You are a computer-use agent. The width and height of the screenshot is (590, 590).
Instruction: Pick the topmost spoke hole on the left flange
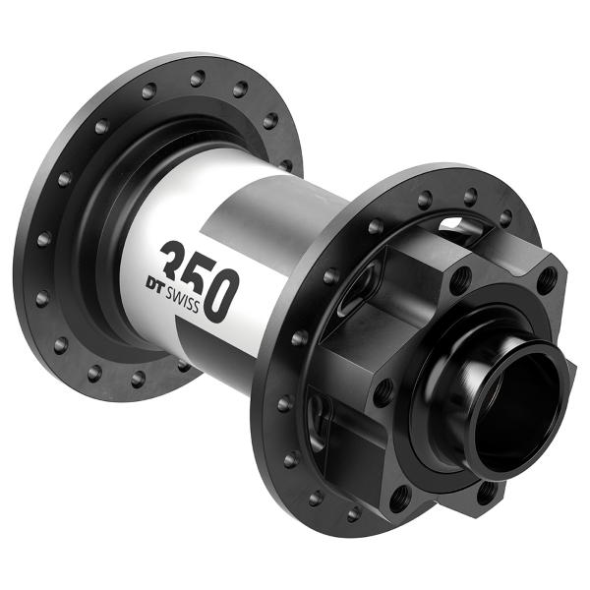(x=198, y=76)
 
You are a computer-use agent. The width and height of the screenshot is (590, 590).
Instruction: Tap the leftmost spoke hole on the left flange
(x=43, y=239)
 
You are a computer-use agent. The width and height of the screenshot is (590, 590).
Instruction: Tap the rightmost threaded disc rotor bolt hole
(x=548, y=282)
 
